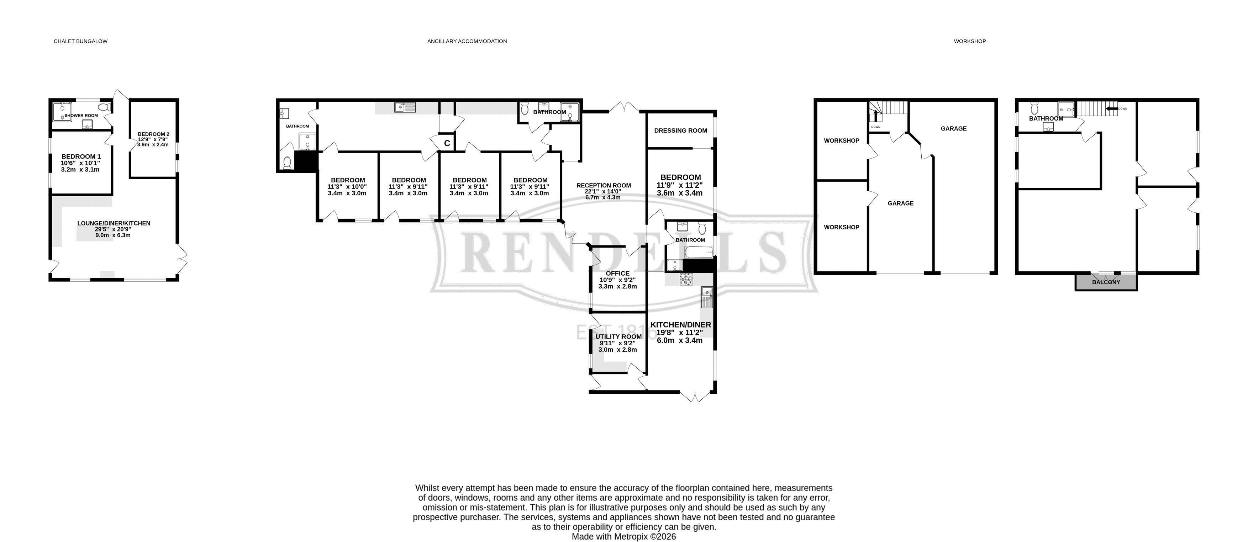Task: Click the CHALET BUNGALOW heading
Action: click(80, 41)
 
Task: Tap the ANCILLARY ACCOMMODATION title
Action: click(467, 41)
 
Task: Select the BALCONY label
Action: click(1106, 282)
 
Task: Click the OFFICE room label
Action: click(618, 273)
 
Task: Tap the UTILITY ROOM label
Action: click(618, 337)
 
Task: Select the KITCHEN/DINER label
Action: click(681, 324)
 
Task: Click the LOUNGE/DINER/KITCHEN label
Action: click(114, 223)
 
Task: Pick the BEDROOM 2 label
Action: click(154, 134)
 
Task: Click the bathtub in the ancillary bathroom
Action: click(699, 252)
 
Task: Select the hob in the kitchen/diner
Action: click(686, 279)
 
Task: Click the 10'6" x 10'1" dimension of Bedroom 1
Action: click(80, 163)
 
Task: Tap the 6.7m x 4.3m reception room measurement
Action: click(603, 197)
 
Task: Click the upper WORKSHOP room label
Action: click(842, 140)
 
